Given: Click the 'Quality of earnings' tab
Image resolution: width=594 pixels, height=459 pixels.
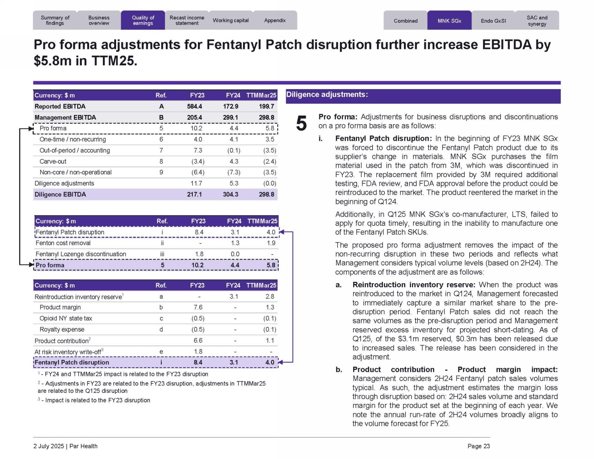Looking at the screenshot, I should tap(143, 21).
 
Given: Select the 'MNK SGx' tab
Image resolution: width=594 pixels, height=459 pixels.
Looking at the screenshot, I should tap(449, 21).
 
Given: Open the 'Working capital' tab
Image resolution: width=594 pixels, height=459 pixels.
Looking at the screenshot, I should tap(231, 21).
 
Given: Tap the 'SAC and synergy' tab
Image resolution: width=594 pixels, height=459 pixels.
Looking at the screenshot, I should tap(537, 21).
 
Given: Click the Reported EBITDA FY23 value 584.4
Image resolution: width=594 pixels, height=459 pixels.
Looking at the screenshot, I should tap(195, 106).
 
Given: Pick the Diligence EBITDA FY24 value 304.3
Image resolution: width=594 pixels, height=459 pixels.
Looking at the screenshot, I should tap(231, 195).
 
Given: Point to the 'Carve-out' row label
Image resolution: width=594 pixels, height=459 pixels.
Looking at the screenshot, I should tap(53, 161).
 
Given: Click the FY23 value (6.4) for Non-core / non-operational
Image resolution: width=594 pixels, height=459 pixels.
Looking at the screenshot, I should tap(197, 172).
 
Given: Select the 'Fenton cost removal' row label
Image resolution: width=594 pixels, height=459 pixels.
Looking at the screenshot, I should tap(63, 243).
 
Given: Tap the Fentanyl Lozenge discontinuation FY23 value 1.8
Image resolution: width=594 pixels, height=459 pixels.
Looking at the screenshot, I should tap(199, 254).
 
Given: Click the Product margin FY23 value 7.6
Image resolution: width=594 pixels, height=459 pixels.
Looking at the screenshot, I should tap(198, 307).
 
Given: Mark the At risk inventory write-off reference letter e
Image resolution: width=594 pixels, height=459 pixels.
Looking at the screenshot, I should tap(161, 352).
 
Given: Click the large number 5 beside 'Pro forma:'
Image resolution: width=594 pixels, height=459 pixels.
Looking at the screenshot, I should tap(302, 123).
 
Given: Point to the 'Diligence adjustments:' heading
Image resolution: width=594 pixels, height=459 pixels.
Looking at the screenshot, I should tap(327, 95).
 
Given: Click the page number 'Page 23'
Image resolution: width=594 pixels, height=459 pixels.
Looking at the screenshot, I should tap(478, 446).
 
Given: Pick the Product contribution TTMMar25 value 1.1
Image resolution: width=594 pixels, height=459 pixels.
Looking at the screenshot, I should tap(270, 341).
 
